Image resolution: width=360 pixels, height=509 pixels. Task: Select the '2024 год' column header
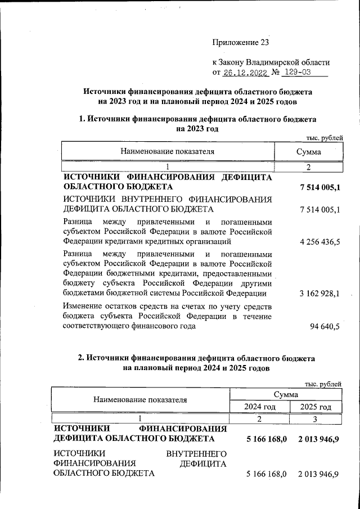pyautogui.click(x=259, y=407)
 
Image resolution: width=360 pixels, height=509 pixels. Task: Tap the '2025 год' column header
pyautogui.click(x=315, y=407)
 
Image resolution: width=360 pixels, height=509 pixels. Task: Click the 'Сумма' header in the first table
pyautogui.click(x=308, y=152)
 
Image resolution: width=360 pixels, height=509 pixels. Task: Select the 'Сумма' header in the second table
pyautogui.click(x=286, y=395)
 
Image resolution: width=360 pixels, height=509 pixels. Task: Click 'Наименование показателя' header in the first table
pyautogui.click(x=167, y=152)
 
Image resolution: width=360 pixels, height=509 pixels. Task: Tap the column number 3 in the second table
pyautogui.click(x=315, y=419)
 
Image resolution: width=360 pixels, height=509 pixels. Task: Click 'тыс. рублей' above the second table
pyautogui.click(x=322, y=384)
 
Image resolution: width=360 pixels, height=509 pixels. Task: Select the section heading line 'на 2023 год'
pyautogui.click(x=197, y=129)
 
